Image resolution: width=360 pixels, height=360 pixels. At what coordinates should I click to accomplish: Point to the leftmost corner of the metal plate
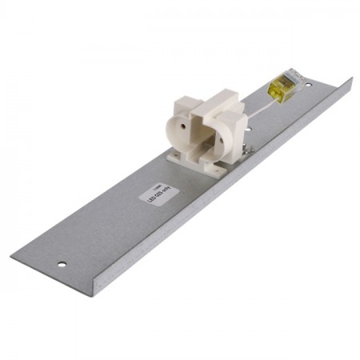[x=11, y=256]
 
